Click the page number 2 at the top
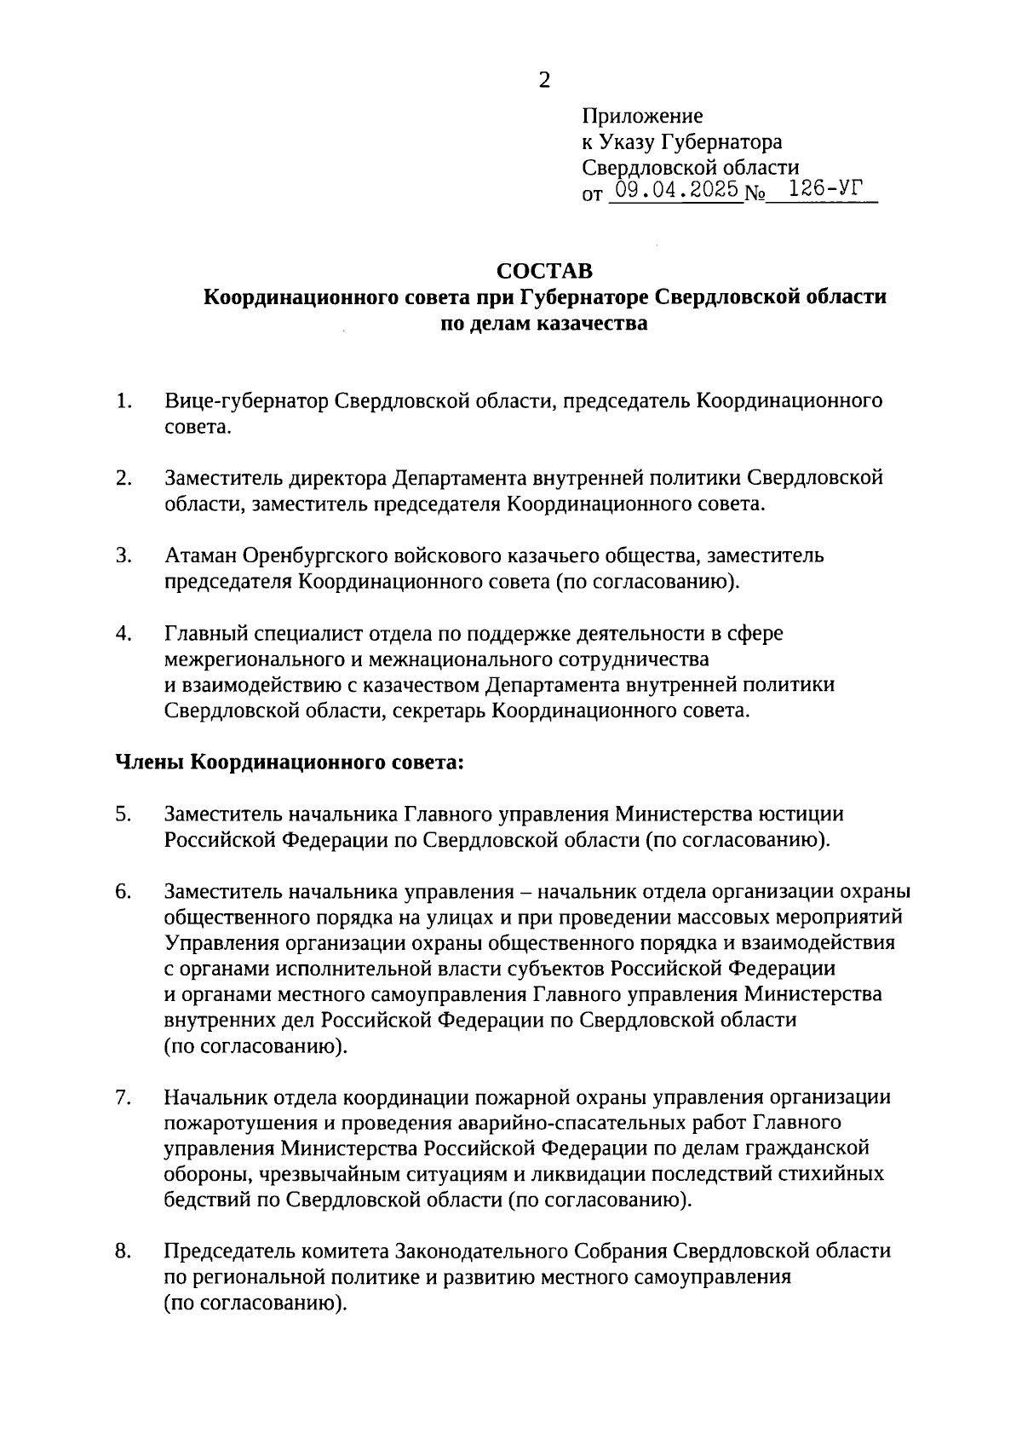pyautogui.click(x=544, y=80)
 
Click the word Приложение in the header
pyautogui.click(x=643, y=116)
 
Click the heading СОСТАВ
pyautogui.click(x=544, y=271)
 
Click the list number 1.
pyautogui.click(x=124, y=400)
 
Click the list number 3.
pyautogui.click(x=124, y=555)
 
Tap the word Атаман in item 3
pyautogui.click(x=201, y=555)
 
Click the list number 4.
pyautogui.click(x=124, y=633)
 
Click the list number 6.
pyautogui.click(x=124, y=891)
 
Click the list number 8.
pyautogui.click(x=124, y=1251)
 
